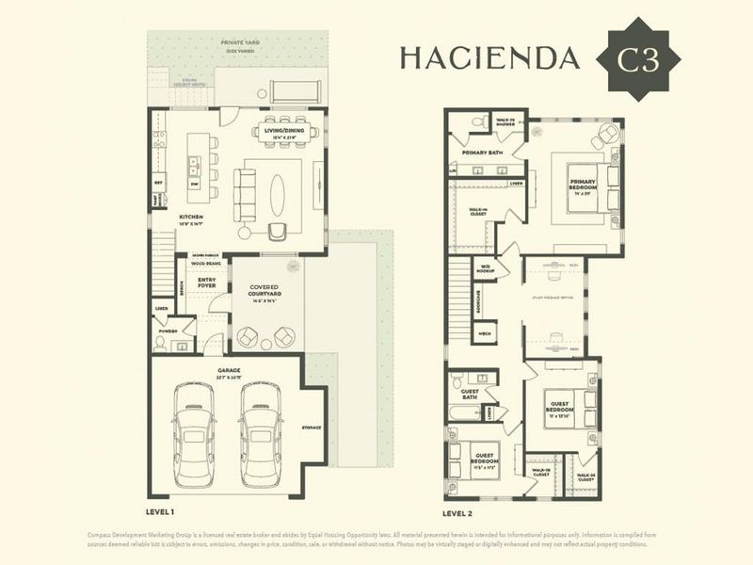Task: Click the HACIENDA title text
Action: click(x=489, y=58)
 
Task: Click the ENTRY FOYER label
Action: click(x=207, y=283)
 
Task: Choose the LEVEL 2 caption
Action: click(x=458, y=514)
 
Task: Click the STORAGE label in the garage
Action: click(x=311, y=428)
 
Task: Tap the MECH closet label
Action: click(x=486, y=333)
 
